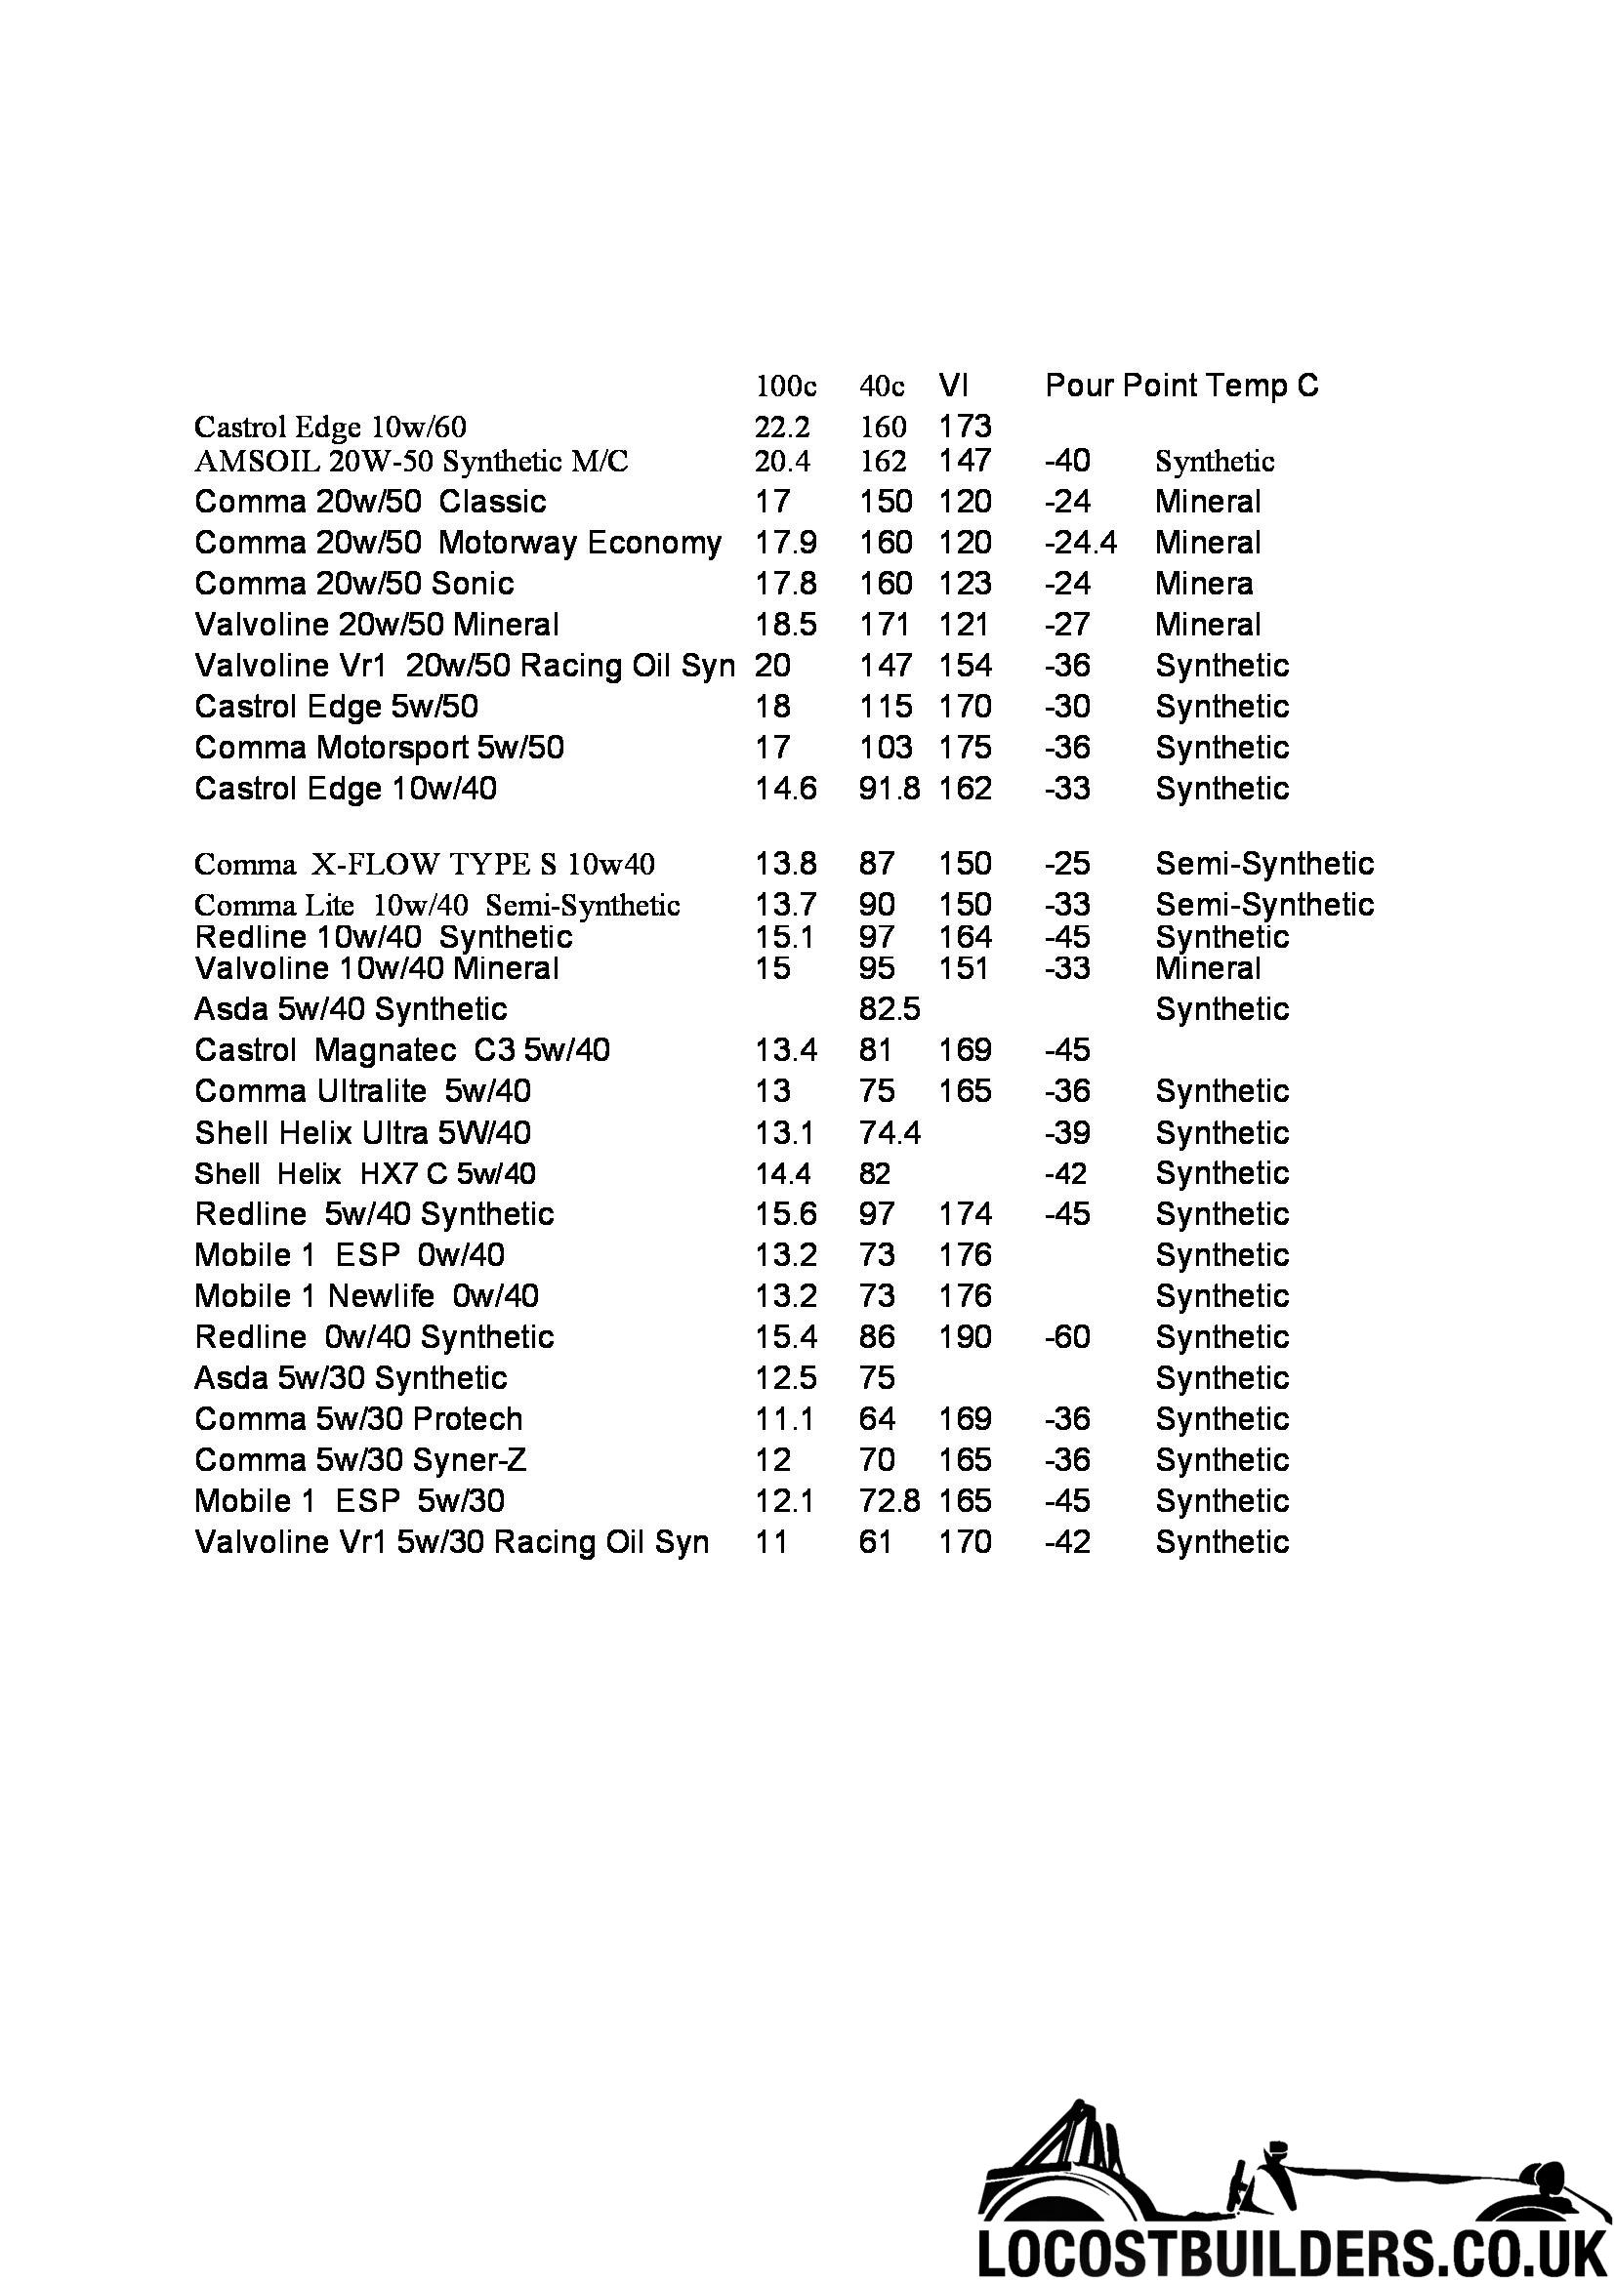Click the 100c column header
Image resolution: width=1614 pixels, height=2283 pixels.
(786, 386)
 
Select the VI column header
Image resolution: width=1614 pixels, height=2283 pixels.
(953, 385)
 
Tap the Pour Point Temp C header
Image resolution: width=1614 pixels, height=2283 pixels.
(1181, 385)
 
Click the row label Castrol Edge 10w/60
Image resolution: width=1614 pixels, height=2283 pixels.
(330, 427)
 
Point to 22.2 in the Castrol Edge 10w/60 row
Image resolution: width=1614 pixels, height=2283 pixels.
(783, 427)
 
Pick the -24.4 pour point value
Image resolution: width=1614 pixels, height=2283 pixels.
(1080, 542)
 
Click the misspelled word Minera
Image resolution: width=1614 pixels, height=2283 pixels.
(1203, 583)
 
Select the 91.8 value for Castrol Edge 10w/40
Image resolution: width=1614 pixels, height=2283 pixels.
(890, 789)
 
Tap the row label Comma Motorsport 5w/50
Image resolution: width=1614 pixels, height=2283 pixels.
(379, 747)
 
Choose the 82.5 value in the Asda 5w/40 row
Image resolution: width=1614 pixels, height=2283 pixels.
(890, 1009)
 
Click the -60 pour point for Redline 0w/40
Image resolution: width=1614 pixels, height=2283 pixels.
(1067, 1336)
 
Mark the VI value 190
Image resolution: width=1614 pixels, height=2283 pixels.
(965, 1336)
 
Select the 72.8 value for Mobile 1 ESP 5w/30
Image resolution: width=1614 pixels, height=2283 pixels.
(890, 1500)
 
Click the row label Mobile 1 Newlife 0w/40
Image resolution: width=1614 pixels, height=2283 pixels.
(366, 1295)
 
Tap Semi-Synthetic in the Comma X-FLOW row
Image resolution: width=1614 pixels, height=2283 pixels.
(1263, 863)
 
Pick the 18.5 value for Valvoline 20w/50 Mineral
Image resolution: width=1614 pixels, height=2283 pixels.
(786, 625)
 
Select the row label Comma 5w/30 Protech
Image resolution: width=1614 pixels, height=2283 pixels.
(358, 1419)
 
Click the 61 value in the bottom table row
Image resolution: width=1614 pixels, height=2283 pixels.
(875, 1542)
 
